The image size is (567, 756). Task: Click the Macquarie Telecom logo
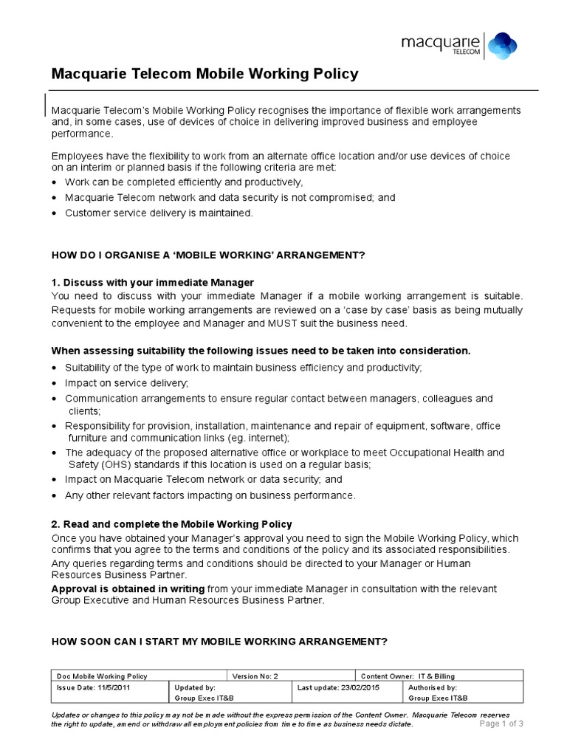[464, 44]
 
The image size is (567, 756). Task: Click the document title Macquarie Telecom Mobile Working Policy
[205, 75]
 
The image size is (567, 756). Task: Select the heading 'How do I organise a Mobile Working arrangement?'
[208, 255]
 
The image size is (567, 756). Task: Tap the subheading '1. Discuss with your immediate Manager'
[153, 283]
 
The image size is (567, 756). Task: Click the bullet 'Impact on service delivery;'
[126, 382]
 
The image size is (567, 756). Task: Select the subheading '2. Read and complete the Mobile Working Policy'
[171, 524]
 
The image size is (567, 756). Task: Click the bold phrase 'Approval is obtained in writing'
[128, 588]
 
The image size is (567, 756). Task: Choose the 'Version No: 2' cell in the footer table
[255, 676]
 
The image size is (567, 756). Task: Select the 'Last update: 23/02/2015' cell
[332, 687]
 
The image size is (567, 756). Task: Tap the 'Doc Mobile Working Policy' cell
[102, 676]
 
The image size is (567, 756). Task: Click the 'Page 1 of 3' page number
[501, 724]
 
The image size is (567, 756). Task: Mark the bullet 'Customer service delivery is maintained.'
[159, 213]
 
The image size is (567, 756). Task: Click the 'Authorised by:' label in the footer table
[433, 687]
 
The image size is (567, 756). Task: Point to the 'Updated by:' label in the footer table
[195, 687]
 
